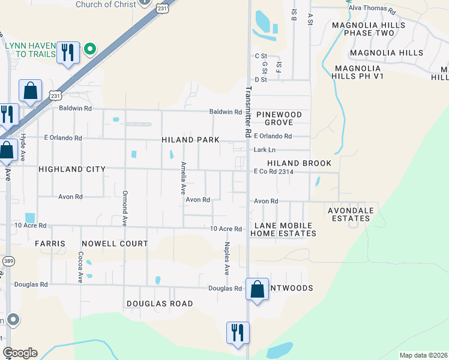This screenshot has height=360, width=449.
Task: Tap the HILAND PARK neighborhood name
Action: pyautogui.click(x=190, y=140)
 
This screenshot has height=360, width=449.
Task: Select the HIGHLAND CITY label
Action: pyautogui.click(x=71, y=170)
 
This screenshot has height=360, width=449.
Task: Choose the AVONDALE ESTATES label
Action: pyautogui.click(x=351, y=214)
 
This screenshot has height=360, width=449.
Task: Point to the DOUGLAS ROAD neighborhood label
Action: pyautogui.click(x=159, y=304)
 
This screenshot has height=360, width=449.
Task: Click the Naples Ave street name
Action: pyautogui.click(x=227, y=259)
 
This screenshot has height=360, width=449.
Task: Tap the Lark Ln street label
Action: pyautogui.click(x=264, y=150)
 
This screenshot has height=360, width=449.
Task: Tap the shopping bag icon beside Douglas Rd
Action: pyautogui.click(x=257, y=289)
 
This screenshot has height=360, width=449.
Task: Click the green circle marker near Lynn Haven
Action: pyautogui.click(x=90, y=49)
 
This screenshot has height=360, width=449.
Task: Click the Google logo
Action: pyautogui.click(x=20, y=353)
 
